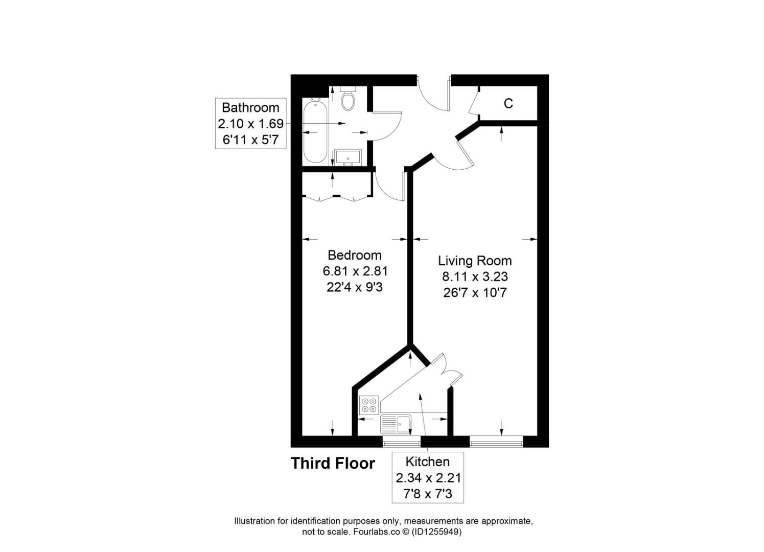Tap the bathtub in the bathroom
tap(315, 130)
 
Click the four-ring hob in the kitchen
tap(369, 404)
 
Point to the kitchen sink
tap(396, 424)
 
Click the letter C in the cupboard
tap(508, 104)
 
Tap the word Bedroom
tap(354, 255)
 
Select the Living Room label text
tap(475, 261)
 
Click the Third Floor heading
tap(333, 464)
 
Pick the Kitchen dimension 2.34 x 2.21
tap(428, 478)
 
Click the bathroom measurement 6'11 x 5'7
tap(251, 139)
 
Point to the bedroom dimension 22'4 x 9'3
tap(354, 287)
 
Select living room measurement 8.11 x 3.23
tap(475, 277)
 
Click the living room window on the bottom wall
tap(496, 441)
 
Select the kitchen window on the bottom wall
tap(401, 441)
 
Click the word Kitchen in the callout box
tap(428, 462)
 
